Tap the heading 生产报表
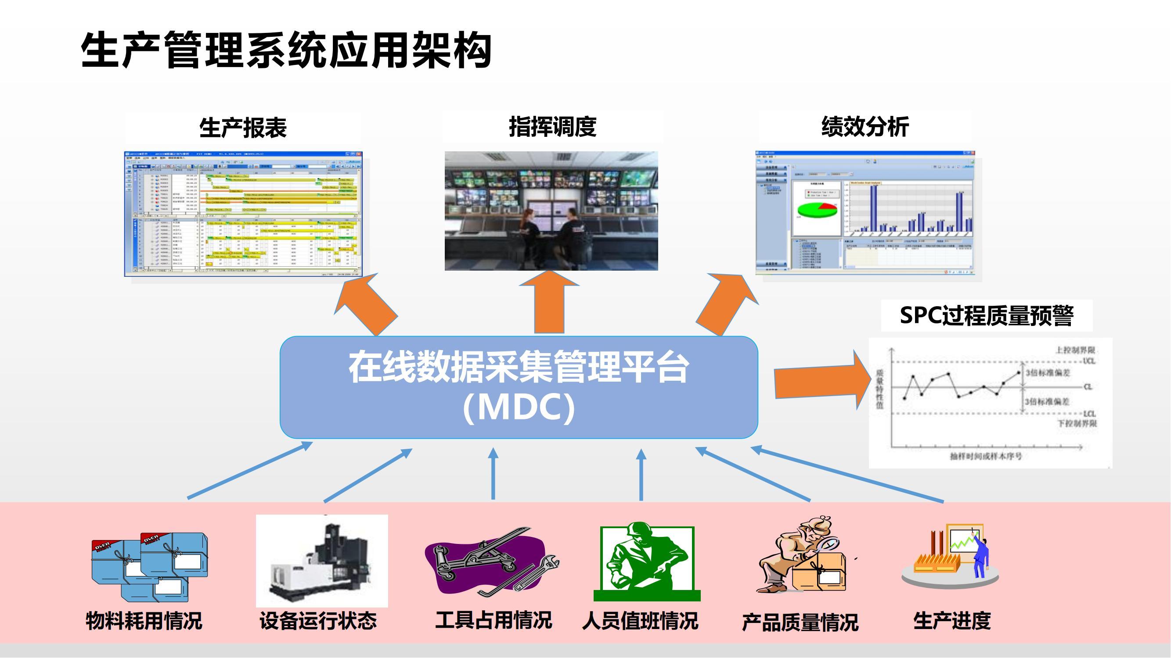click(243, 128)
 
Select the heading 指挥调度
click(552, 127)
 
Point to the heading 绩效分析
click(865, 127)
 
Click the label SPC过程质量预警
click(987, 315)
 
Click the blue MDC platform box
click(519, 387)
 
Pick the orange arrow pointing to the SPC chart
click(821, 380)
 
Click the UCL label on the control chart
click(1089, 361)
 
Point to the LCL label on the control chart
click(1089, 414)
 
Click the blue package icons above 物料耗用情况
click(150, 565)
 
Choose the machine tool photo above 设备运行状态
click(322, 561)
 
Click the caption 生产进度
click(952, 621)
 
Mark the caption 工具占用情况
click(494, 620)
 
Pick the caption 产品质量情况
click(800, 622)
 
